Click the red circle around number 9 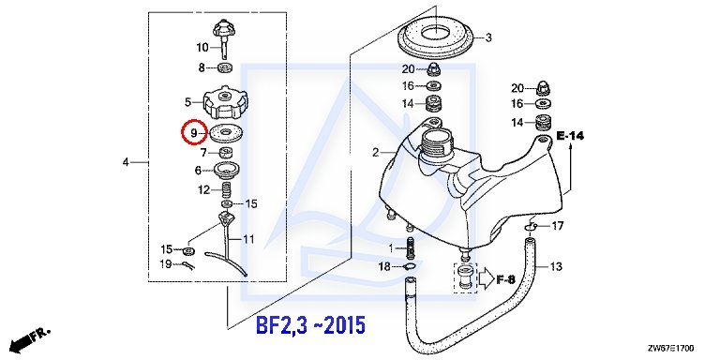182,132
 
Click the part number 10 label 202,47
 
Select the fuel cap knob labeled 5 225,102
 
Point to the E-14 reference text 570,136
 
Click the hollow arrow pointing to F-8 487,279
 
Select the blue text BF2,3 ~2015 310,325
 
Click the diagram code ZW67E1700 671,348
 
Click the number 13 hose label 556,266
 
